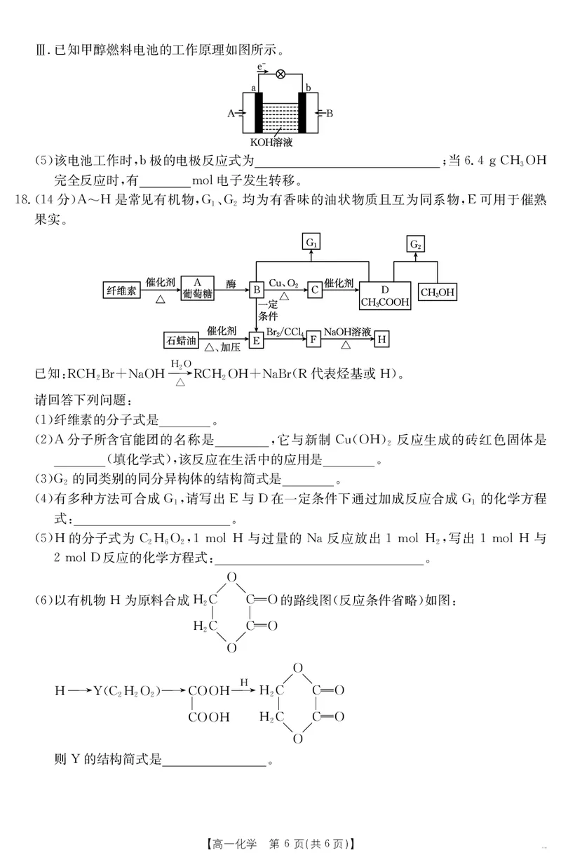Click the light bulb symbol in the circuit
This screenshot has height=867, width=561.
point(280,73)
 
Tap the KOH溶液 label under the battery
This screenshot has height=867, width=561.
point(280,141)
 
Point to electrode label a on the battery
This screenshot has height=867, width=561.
point(253,88)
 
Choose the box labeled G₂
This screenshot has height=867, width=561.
point(415,244)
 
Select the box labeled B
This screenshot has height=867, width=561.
point(257,289)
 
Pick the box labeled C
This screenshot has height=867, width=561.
point(316,289)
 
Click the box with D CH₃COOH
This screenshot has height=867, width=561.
point(384,295)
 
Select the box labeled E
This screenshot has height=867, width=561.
point(257,340)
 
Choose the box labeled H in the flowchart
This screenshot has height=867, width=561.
point(381,340)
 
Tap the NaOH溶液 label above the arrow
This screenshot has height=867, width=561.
point(347,330)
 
